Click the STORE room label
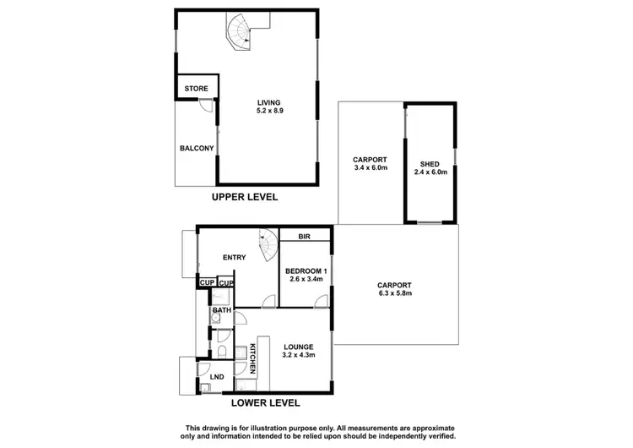point(197,88)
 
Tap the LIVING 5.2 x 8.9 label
point(269,107)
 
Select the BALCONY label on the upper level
point(196,149)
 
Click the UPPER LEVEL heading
point(245,197)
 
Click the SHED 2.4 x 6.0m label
point(431,167)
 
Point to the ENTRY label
point(234,258)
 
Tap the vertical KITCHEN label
point(252,358)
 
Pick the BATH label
point(221,311)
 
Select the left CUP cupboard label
point(207,282)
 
